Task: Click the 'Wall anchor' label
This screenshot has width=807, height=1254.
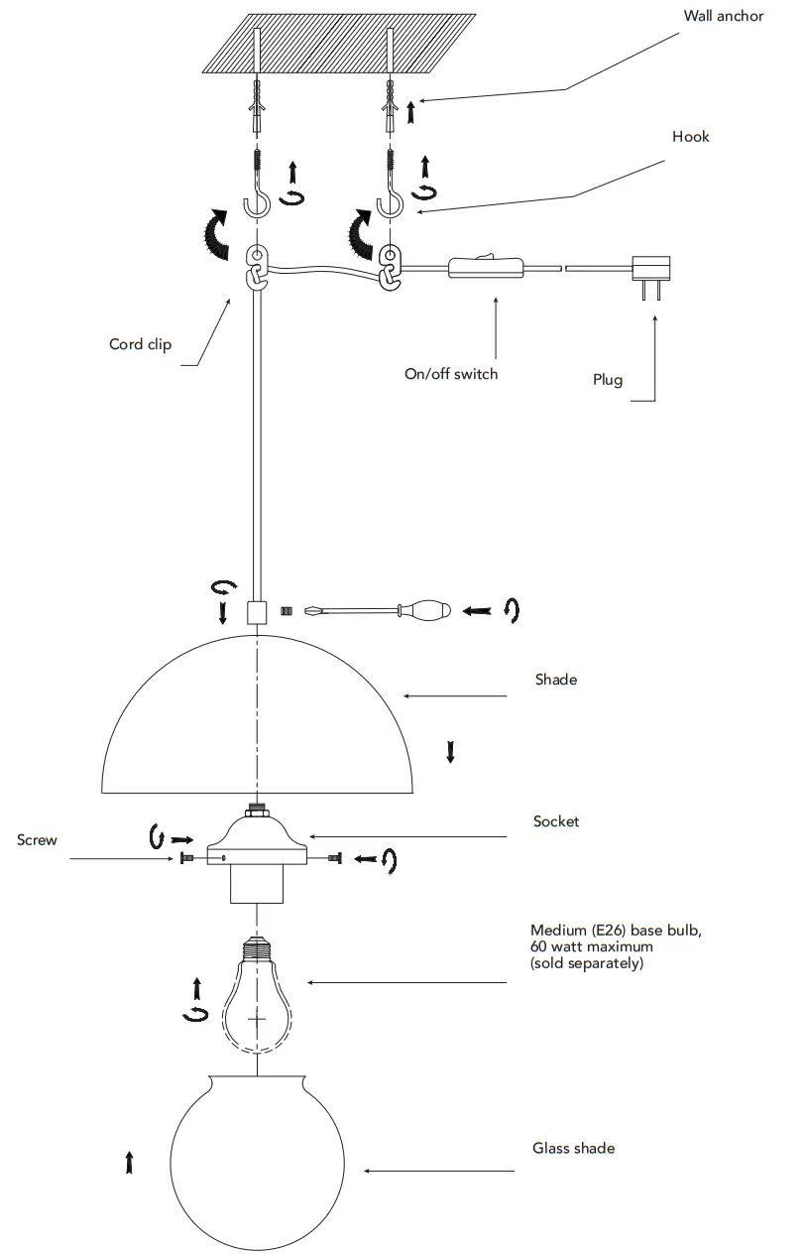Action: [x=724, y=16]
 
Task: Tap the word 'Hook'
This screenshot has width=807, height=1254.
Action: [x=690, y=137]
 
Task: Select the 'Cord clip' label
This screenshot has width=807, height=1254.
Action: [x=140, y=344]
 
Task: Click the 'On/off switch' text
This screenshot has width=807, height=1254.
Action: [x=451, y=374]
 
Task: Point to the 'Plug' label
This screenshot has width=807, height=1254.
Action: [x=608, y=380]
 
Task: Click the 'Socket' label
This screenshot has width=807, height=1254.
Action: [x=556, y=821]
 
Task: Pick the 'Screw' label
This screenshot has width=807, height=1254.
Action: [x=37, y=840]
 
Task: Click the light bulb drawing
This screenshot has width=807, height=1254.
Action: [x=257, y=1002]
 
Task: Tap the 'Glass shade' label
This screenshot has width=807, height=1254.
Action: [x=573, y=1148]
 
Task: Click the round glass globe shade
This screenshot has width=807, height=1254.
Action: [x=257, y=1161]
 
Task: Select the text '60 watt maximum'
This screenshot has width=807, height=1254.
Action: [x=592, y=946]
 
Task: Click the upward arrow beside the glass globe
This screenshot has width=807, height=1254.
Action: [x=129, y=1163]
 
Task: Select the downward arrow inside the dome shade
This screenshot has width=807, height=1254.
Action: [x=450, y=751]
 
